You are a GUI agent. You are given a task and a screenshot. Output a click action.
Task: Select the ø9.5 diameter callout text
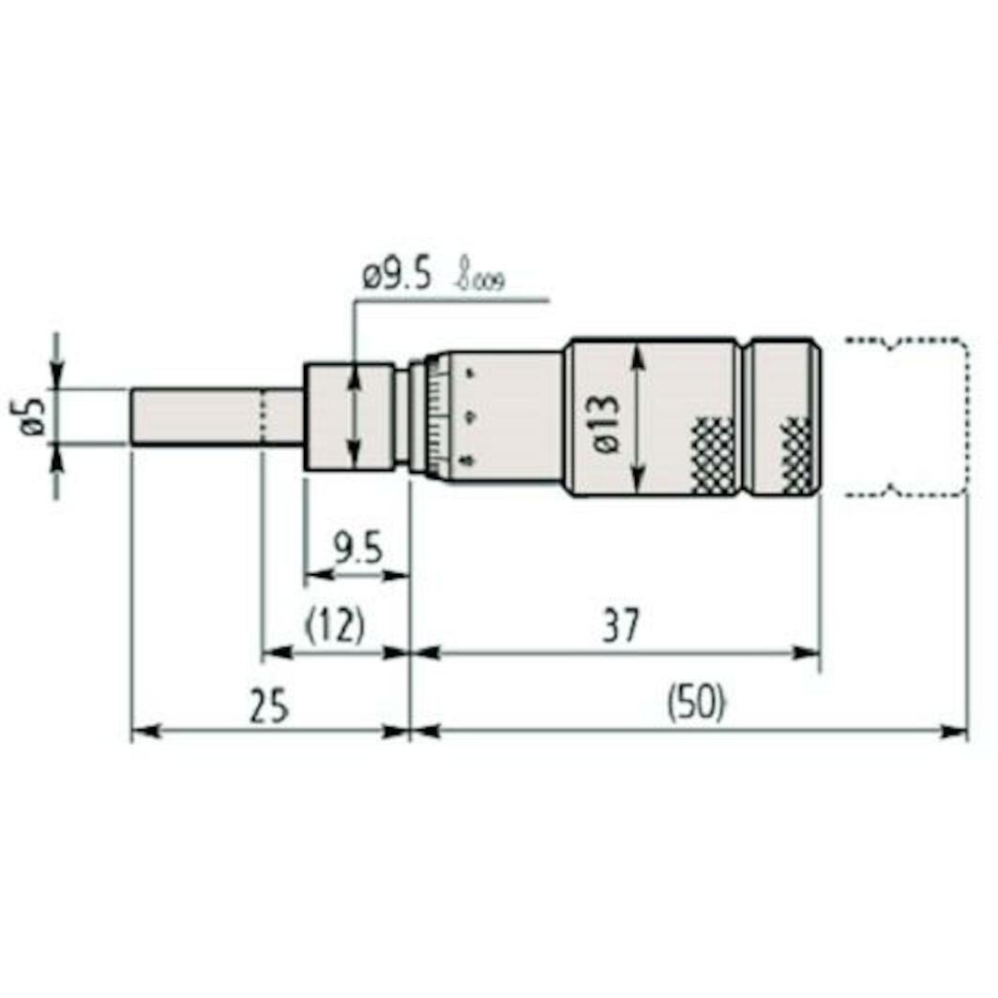(x=396, y=277)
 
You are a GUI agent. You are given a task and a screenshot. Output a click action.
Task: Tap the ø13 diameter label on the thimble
(x=605, y=424)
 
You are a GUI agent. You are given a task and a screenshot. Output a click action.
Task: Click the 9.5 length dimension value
(x=357, y=547)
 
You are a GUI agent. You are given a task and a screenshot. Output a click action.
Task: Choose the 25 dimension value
(x=268, y=704)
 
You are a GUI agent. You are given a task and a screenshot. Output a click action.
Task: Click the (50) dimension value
(x=696, y=704)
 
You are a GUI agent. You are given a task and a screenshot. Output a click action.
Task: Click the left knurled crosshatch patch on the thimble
(x=714, y=455)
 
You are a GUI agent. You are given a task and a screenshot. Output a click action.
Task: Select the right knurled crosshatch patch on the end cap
(x=798, y=455)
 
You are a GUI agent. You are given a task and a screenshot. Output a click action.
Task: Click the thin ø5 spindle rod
(x=197, y=416)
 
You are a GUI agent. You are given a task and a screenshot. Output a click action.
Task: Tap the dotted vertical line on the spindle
(x=264, y=416)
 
